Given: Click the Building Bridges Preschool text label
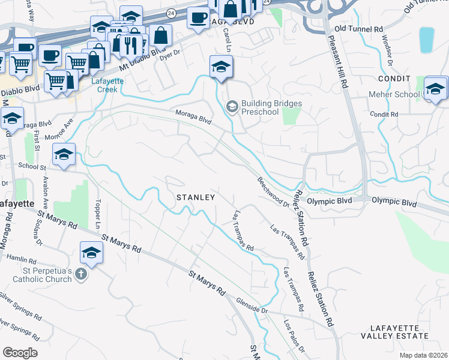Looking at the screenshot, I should [271, 107].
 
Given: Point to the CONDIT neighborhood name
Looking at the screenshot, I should [393, 79].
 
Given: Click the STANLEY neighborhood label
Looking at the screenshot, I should [195, 197].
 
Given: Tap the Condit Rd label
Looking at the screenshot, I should [380, 114].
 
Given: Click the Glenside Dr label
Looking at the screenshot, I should [252, 307].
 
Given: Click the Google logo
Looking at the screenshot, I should [20, 353].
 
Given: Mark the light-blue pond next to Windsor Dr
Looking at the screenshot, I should [426, 40].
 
